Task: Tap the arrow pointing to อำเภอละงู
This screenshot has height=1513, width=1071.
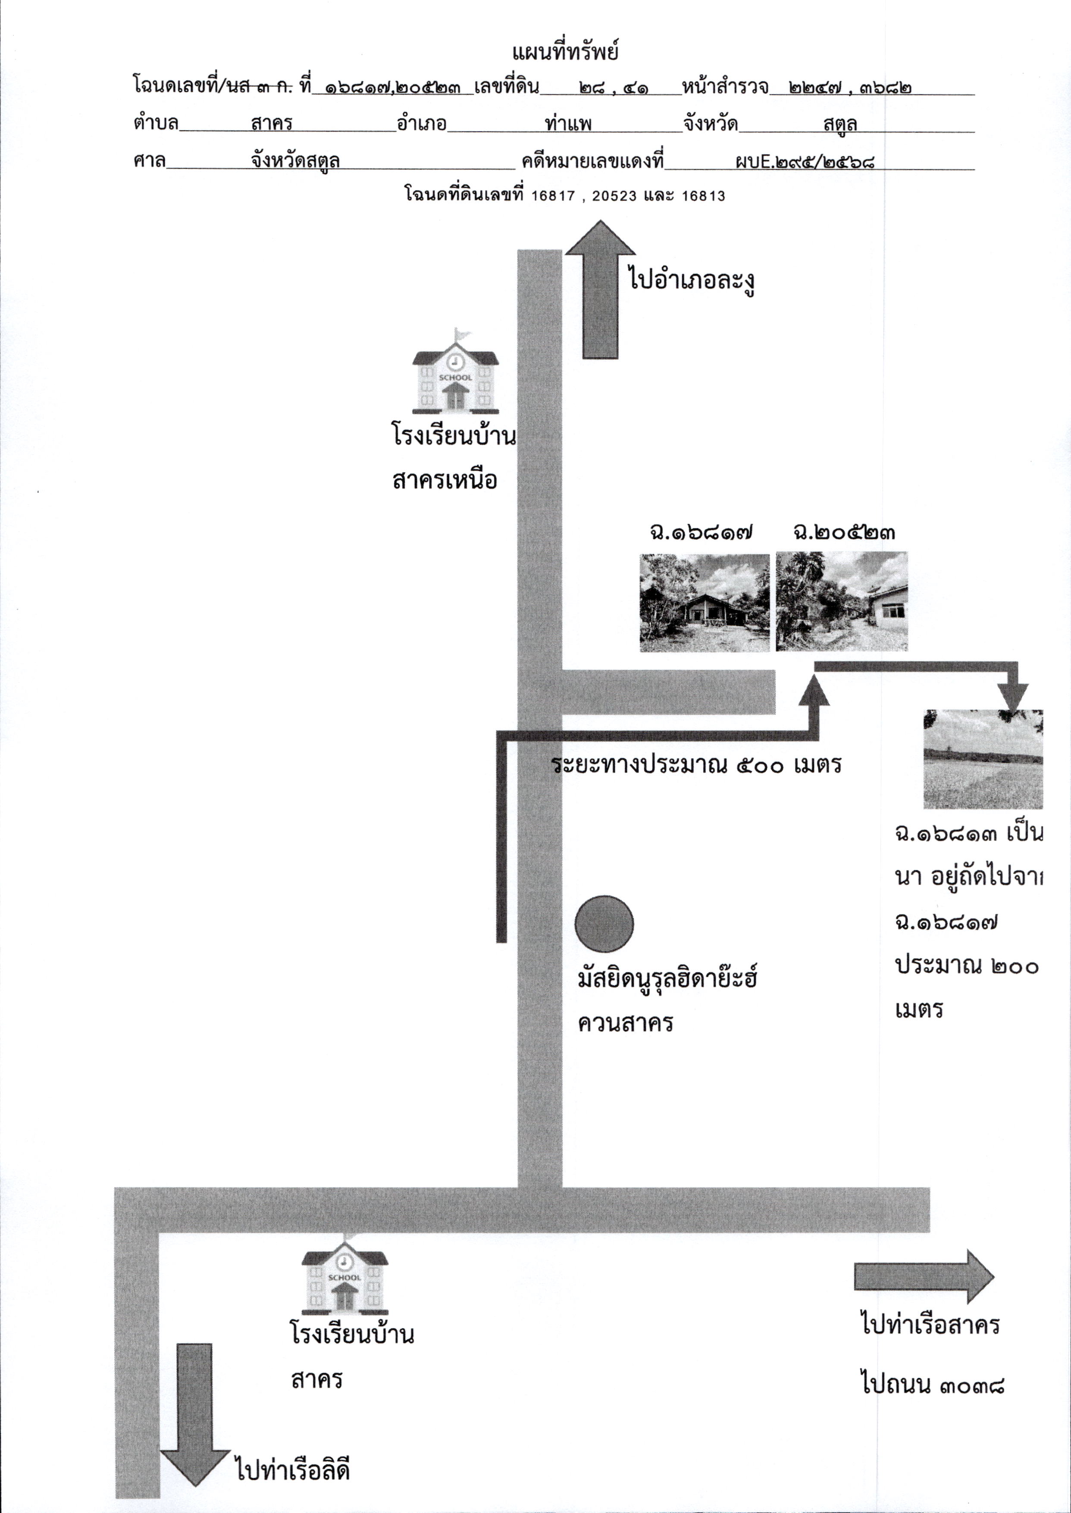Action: coord(600,290)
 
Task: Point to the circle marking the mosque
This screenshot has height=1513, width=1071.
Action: coord(604,924)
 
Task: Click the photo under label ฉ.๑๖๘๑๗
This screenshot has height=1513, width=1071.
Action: coord(705,603)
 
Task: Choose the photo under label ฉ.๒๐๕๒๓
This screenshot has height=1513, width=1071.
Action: coord(842,601)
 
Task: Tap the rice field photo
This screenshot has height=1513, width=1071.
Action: coord(983,759)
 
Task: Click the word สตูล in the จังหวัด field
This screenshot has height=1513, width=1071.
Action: coord(840,123)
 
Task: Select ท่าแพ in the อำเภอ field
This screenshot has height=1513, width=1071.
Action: coord(568,123)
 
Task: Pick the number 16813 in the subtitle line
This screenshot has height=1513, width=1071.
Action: coord(703,196)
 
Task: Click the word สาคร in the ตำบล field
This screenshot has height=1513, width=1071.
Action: coord(272,123)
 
